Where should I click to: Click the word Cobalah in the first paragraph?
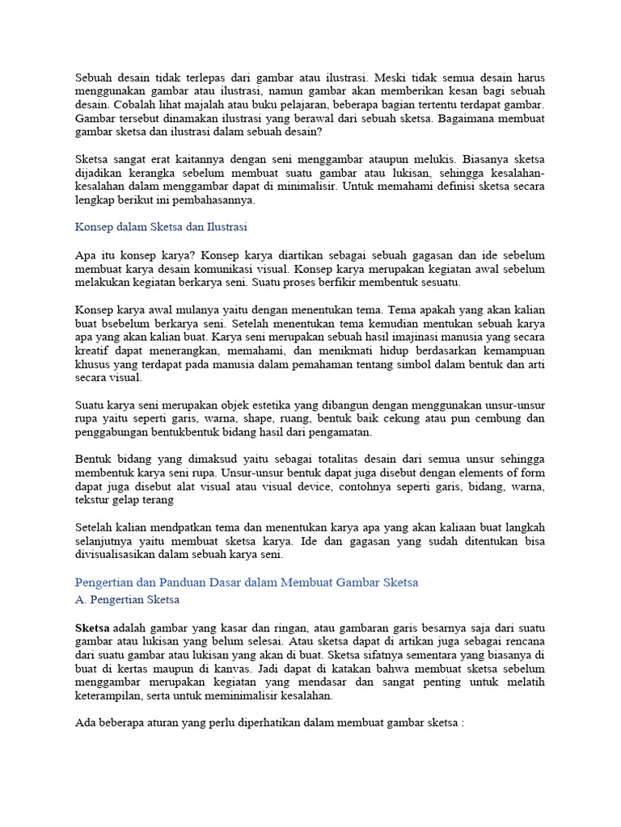[x=132, y=105]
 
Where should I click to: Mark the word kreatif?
[x=92, y=350]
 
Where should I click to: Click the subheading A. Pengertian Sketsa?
[x=127, y=600]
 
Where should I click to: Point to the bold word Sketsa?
[x=92, y=628]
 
